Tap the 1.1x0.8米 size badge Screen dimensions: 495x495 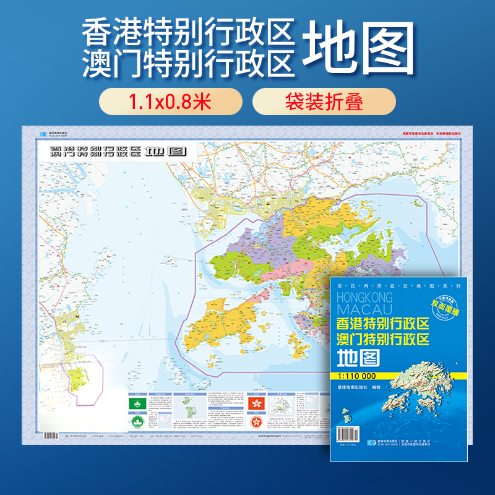coord(170,101)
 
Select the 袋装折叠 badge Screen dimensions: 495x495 coord(324,101)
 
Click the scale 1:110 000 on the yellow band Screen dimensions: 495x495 coord(357,375)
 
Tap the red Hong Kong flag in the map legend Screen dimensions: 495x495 coord(254,402)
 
